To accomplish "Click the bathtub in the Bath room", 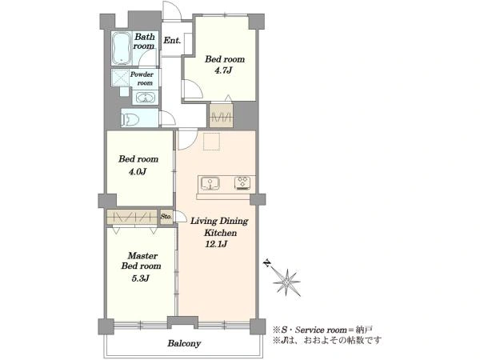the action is [x=122, y=48].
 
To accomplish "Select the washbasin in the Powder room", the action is [x=145, y=98].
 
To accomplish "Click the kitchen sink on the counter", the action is [x=210, y=183].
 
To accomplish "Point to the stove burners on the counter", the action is [x=244, y=183].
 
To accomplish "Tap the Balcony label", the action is [x=184, y=343].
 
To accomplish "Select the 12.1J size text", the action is [x=216, y=244].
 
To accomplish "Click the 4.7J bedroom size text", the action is [x=223, y=70].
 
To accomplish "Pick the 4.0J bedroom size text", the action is [x=138, y=171].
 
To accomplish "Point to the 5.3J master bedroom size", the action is [x=140, y=278].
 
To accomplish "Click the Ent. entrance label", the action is [x=172, y=40].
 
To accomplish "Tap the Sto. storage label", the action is [x=166, y=216].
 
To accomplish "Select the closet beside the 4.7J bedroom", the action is [x=222, y=116].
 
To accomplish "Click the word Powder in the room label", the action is [x=142, y=74].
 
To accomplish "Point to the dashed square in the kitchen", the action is [x=212, y=142].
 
